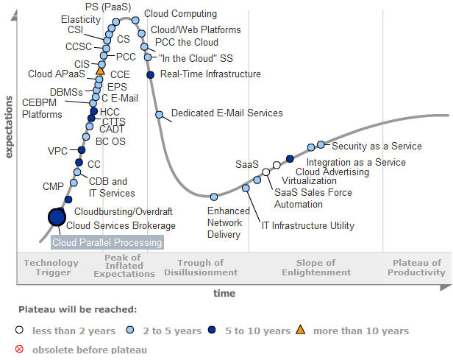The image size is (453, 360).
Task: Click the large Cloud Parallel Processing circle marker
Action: (x=57, y=216)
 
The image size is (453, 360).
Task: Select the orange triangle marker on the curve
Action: (x=101, y=71)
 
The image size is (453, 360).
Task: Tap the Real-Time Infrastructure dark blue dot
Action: (x=150, y=74)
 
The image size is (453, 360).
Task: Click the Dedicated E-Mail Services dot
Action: (x=159, y=114)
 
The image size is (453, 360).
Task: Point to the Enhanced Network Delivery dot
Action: (x=214, y=197)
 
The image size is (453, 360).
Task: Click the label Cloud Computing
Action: (x=180, y=13)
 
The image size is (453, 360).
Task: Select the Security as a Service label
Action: (x=375, y=146)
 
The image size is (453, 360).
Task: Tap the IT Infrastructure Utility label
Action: (x=308, y=226)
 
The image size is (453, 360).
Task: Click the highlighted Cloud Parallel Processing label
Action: (x=107, y=241)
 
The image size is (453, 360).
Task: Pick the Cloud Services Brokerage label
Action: (x=121, y=226)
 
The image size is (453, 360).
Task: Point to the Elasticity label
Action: (x=81, y=19)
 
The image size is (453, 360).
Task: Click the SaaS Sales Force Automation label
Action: (x=303, y=198)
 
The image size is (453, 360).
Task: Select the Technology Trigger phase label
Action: (x=51, y=267)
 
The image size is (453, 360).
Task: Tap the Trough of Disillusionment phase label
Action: (x=201, y=267)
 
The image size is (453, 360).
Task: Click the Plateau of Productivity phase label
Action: (x=417, y=267)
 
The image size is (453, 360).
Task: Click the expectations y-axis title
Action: (x=10, y=126)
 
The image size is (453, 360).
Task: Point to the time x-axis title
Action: (x=224, y=293)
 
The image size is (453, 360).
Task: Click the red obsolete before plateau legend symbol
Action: (x=20, y=350)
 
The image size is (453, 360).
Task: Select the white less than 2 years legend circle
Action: (x=20, y=331)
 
